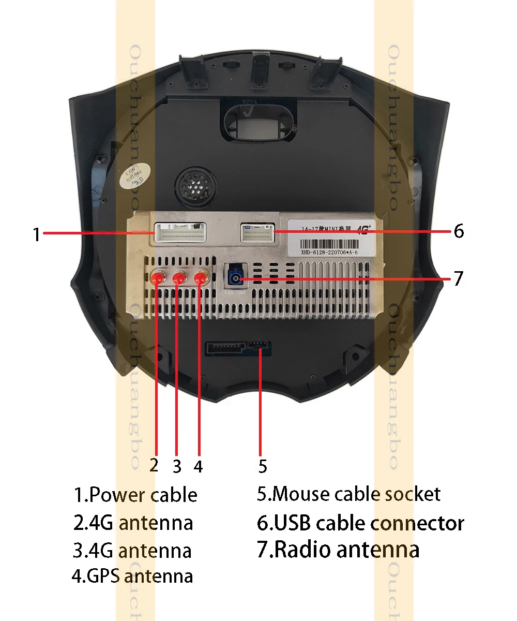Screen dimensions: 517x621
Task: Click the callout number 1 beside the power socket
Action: (36, 235)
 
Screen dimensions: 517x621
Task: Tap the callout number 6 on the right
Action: (459, 231)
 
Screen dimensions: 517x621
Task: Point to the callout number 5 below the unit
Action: (263, 466)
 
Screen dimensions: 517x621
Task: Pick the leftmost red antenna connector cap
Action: (157, 278)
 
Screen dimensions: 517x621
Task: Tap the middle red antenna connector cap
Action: (178, 278)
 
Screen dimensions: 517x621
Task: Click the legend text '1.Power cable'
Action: (135, 495)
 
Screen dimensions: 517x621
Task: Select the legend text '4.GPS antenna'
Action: (132, 575)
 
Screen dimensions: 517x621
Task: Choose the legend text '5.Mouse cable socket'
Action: (349, 494)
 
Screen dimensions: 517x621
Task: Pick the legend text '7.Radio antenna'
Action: (338, 549)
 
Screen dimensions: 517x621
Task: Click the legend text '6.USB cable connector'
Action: (360, 523)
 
